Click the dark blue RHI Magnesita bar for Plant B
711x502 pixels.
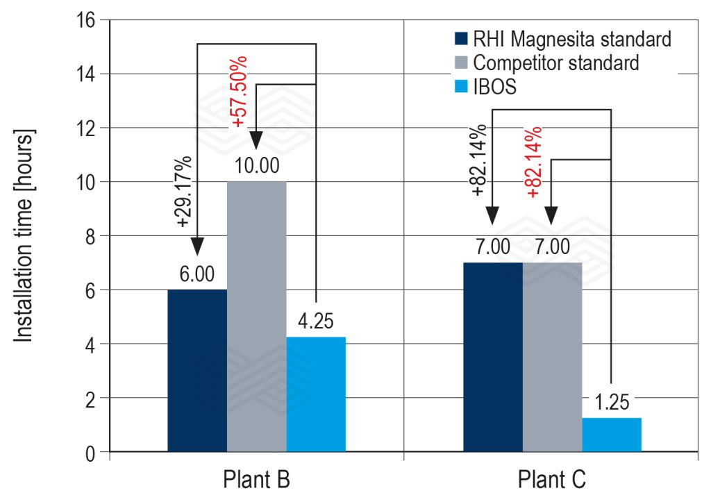197,371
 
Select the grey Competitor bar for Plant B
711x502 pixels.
256,317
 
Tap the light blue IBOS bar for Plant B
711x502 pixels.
316,394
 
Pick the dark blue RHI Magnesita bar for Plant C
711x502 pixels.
492,358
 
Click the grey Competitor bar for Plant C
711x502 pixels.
552,358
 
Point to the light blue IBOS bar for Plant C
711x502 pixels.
611,435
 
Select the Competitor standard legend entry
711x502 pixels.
555,62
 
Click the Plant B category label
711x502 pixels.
256,480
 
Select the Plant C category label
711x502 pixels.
552,480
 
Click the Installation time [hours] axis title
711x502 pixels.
24,236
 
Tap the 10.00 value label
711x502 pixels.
256,169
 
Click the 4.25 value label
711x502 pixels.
316,324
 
